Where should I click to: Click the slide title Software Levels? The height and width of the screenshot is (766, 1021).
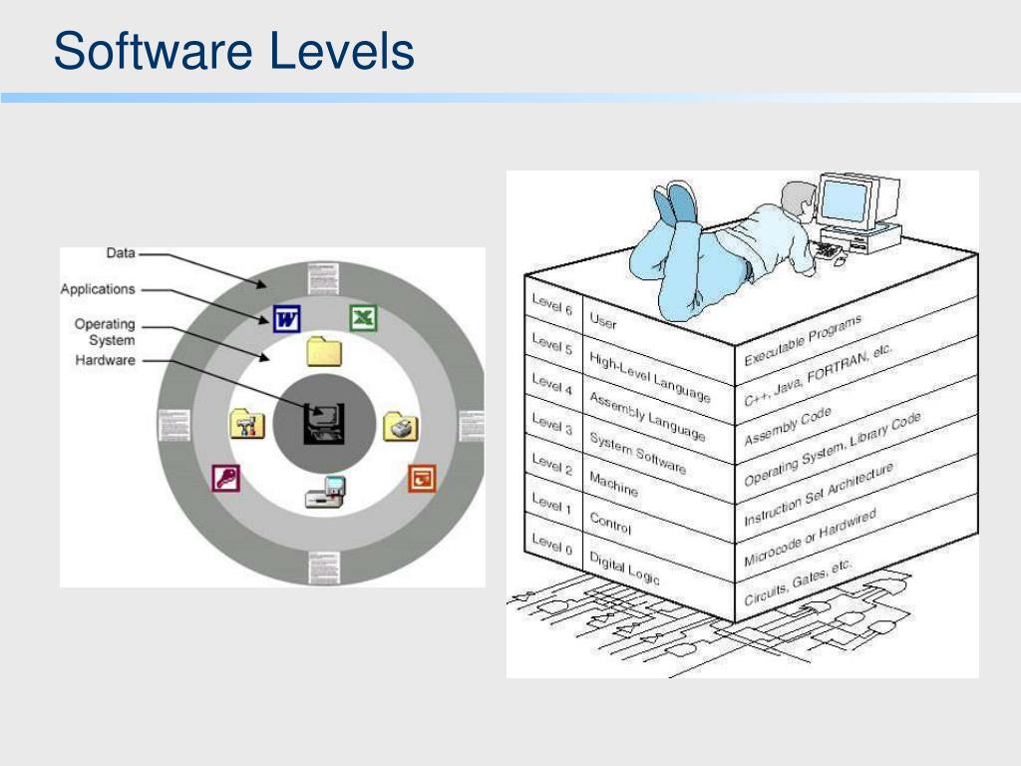(x=234, y=52)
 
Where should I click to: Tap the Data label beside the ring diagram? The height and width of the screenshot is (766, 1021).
(x=121, y=253)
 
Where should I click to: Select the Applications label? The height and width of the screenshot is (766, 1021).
(x=98, y=289)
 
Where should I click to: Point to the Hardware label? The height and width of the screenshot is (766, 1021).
(x=105, y=360)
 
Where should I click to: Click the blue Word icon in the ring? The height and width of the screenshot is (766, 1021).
(x=286, y=319)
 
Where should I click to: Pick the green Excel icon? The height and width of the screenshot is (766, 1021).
(x=363, y=318)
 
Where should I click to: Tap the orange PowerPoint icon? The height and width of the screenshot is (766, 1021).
(x=423, y=478)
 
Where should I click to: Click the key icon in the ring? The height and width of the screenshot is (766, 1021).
(x=226, y=479)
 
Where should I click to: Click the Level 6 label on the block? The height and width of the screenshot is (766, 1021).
(x=552, y=304)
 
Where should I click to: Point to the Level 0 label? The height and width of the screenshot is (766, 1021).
(x=551, y=545)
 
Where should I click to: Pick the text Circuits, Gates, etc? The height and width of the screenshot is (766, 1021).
(x=799, y=583)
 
